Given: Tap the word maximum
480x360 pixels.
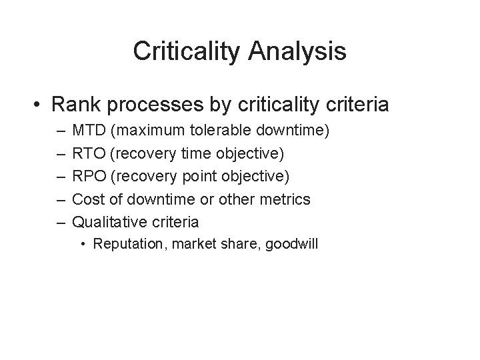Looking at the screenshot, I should coord(147,130).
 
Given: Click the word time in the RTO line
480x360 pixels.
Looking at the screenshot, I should coord(193,153).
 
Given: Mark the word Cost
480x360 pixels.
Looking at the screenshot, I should coord(87,199).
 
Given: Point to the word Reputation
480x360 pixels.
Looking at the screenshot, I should coord(131,244).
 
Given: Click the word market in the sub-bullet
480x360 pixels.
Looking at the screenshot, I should coord(193,244).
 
